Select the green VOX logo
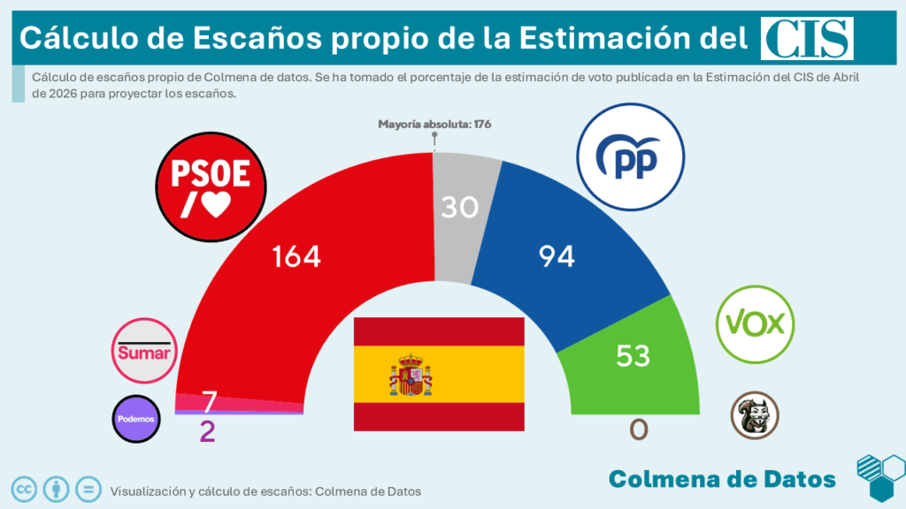pos(756,323)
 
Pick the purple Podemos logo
pos(136,418)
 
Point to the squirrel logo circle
pos(755,416)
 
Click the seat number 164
pos(296,256)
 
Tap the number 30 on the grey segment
pos(460,207)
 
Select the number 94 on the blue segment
pos(557,256)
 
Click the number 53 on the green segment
pos(632,355)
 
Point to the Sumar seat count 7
pos(210,402)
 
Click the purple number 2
pos(207,432)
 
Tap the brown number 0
pos(638,429)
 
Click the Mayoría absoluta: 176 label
pos(434,124)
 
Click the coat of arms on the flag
pos(411,375)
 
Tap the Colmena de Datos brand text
pos(722,479)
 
